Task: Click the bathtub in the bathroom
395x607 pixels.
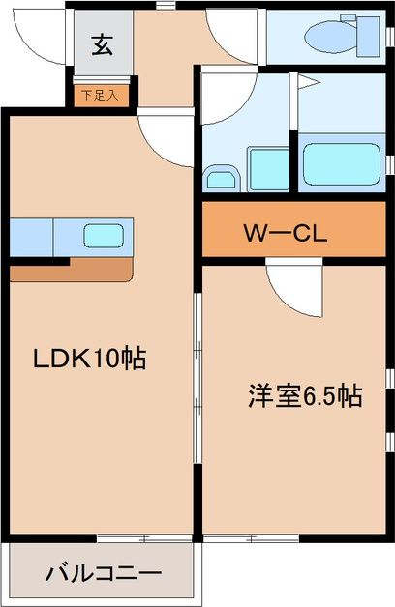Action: point(341,162)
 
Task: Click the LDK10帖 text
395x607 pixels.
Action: point(89,360)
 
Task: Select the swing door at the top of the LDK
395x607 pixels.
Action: point(165,132)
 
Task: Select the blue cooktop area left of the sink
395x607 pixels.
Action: point(31,236)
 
